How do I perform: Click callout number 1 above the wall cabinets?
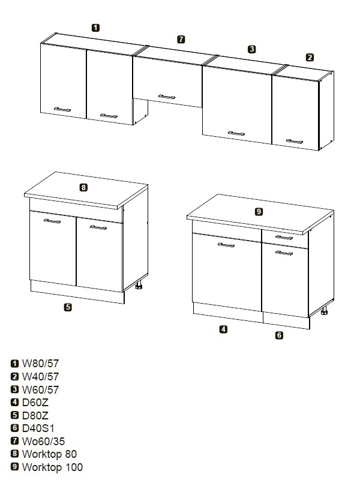pyautogui.click(x=95, y=28)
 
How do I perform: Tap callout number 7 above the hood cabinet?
pyautogui.click(x=181, y=39)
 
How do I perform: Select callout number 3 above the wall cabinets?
pyautogui.click(x=251, y=49)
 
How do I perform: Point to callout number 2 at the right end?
pyautogui.click(x=310, y=57)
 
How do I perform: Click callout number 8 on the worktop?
pyautogui.click(x=83, y=187)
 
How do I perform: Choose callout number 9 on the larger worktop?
pyautogui.click(x=259, y=212)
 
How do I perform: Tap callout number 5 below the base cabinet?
pyautogui.click(x=68, y=307)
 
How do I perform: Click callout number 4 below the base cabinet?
pyautogui.click(x=223, y=329)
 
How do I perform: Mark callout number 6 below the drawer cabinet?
pyautogui.click(x=279, y=335)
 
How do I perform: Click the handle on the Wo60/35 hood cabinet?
pyautogui.click(x=167, y=97)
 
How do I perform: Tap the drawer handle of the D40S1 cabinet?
pyautogui.click(x=284, y=238)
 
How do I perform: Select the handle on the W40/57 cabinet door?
pyautogui.click(x=295, y=142)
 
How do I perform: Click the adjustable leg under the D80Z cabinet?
pyautogui.click(x=139, y=286)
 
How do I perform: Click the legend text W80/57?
pyautogui.click(x=40, y=364)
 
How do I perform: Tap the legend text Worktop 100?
pyautogui.click(x=52, y=467)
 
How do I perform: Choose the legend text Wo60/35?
pyautogui.click(x=43, y=441)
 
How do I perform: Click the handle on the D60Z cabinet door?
pyautogui.click(x=226, y=245)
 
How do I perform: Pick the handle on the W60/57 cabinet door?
pyautogui.click(x=236, y=133)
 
